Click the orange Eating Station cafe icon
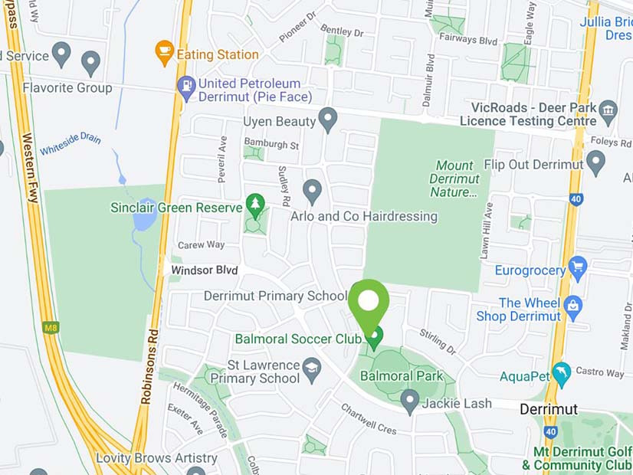(164, 52)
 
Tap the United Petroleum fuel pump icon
(185, 87)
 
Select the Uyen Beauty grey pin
(328, 120)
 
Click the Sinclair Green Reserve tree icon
(255, 205)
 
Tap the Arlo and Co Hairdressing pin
(312, 190)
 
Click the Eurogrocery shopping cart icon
(578, 268)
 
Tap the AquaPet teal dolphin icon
(562, 375)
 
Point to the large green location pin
(369, 301)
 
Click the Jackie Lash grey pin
(410, 401)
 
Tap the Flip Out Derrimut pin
(595, 162)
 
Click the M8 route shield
(51, 328)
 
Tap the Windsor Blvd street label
(204, 270)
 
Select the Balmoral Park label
(402, 376)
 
